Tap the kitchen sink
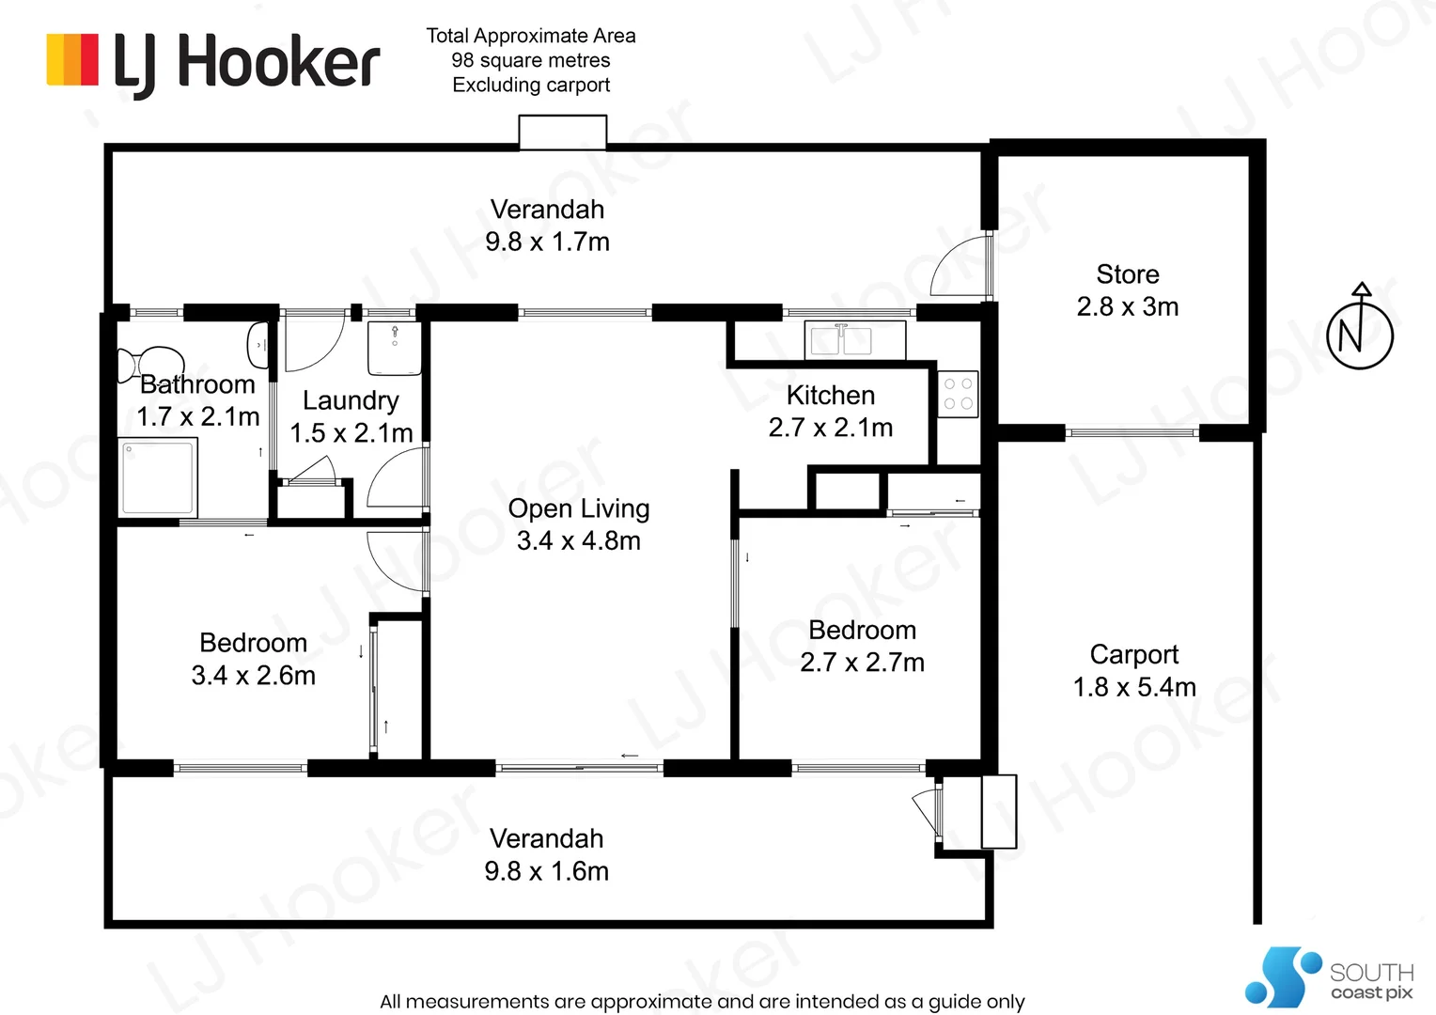pos(854,339)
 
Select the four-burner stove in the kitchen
pos(958,395)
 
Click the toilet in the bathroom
pos(149,364)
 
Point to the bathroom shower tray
pos(158,477)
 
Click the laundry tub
pos(395,348)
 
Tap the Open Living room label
pos(579,508)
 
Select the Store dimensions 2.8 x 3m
pos(1128,306)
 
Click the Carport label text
pos(1134,655)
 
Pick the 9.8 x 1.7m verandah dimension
pos(547,242)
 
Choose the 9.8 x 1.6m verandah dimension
pos(546,871)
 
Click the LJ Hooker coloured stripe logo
pos(72,59)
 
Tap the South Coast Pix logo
pos(1329,976)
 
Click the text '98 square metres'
pos(531,60)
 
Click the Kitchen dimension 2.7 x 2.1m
pos(831,428)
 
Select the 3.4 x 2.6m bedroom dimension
pos(253,676)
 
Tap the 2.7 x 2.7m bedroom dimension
pos(862,663)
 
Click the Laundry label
pos(351,400)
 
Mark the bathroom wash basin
pos(258,345)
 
